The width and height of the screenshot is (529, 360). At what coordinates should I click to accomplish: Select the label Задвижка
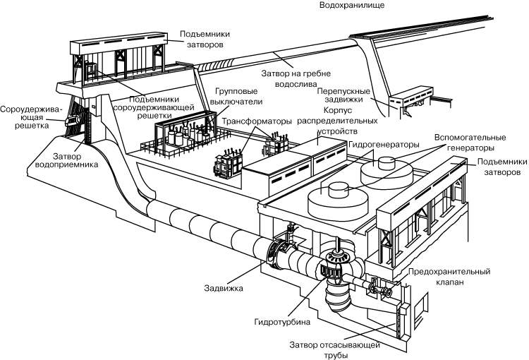pyautogui.click(x=224, y=288)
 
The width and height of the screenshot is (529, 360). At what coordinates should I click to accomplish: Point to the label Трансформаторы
pyautogui.click(x=252, y=121)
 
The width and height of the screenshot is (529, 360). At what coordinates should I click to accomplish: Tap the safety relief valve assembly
pyautogui.click(x=384, y=289)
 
